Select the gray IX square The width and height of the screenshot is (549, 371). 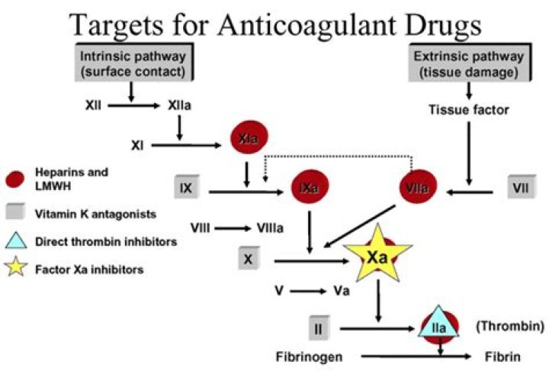click(x=185, y=186)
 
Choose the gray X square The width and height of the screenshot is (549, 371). click(x=248, y=260)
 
